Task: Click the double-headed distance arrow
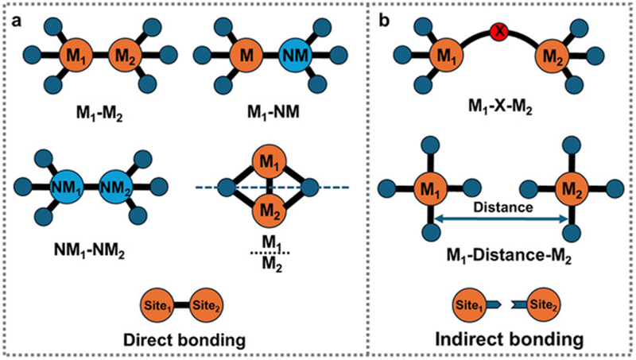pyautogui.click(x=501, y=220)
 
